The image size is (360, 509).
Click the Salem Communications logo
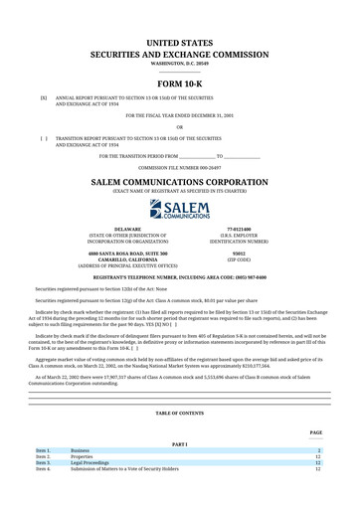[180, 209]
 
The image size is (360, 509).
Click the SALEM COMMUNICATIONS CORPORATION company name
[180, 183]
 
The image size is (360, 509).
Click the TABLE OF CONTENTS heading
[180, 413]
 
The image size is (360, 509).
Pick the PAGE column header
[315, 432]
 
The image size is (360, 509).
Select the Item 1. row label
[43, 450]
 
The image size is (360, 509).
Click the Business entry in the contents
[80, 450]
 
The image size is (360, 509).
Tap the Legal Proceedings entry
[90, 462]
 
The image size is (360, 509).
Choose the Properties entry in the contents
[82, 456]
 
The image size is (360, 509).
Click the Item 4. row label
[43, 468]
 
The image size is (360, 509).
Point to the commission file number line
[180, 168]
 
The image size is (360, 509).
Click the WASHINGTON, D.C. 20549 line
[180, 62]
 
